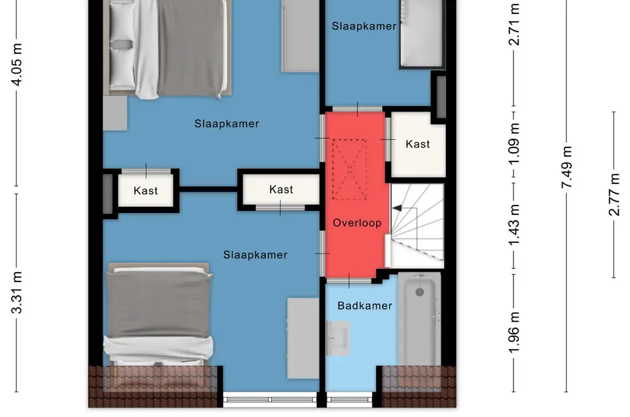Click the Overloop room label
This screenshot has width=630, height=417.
(x=357, y=223)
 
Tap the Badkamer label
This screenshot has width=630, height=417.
(x=365, y=306)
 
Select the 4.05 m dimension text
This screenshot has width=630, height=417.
(x=17, y=64)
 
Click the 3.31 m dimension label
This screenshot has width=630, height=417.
(x=17, y=292)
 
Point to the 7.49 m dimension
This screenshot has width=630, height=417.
(x=567, y=167)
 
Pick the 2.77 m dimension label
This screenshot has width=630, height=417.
(x=614, y=195)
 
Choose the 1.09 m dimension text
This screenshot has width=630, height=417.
(x=514, y=144)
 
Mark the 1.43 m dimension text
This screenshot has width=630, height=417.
(x=514, y=225)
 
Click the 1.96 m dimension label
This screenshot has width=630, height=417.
(x=514, y=332)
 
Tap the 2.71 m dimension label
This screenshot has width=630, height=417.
(x=514, y=24)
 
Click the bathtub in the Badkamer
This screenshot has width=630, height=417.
(x=419, y=320)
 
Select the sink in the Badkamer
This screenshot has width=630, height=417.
(x=337, y=338)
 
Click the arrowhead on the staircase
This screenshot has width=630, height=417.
(x=397, y=208)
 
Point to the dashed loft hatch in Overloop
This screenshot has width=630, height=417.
(x=349, y=169)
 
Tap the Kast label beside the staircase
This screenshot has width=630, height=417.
(x=418, y=144)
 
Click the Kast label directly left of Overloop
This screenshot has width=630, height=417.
(x=281, y=189)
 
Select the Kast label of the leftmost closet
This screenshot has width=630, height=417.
(x=145, y=191)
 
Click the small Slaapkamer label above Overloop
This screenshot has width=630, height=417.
(x=364, y=26)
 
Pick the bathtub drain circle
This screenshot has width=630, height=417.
(x=419, y=292)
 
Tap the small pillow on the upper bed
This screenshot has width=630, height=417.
(x=122, y=44)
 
